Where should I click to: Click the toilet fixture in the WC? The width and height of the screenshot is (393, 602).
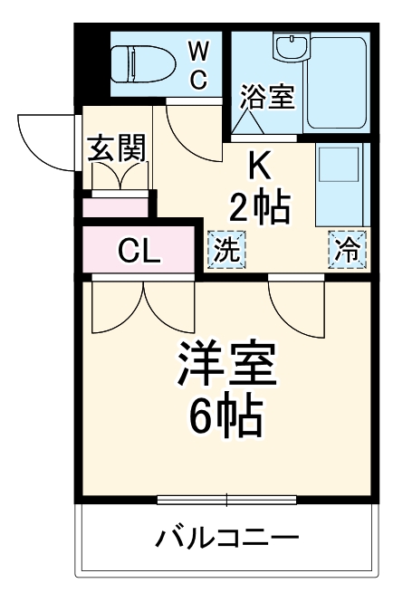[136, 63]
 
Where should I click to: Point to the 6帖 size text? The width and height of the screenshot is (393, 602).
[226, 416]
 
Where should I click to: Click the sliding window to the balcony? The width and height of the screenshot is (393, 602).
[226, 499]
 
